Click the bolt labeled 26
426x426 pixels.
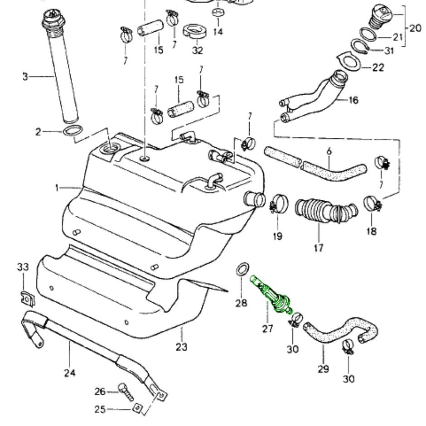tap(126, 391)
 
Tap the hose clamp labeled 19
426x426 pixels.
tap(278, 204)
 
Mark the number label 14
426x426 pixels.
tap(218, 32)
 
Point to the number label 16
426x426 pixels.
tap(353, 100)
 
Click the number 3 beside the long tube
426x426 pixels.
tap(25, 76)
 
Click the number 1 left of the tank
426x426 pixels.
tap(57, 188)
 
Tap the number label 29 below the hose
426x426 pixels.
tap(323, 369)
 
